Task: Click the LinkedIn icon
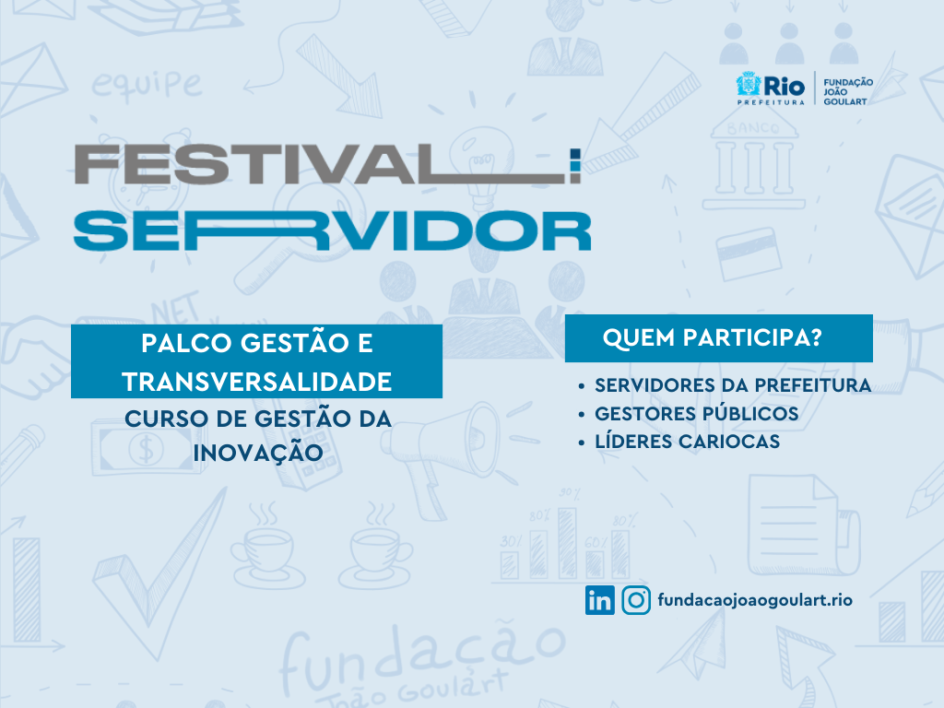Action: point(599,600)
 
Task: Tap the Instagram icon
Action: point(636,600)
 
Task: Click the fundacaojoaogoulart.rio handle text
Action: point(755,600)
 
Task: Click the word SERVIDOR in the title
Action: point(332,230)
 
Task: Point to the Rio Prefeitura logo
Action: point(771,88)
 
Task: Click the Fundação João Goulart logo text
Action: point(848,91)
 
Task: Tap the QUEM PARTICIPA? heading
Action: point(713,337)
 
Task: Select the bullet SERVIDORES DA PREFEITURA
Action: point(733,385)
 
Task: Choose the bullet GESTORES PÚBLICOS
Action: point(697,413)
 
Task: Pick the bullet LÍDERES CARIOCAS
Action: point(687,441)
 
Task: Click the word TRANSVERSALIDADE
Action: point(257,383)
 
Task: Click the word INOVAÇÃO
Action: point(258,453)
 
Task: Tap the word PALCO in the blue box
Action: point(186,344)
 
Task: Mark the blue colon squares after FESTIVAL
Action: point(575,166)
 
